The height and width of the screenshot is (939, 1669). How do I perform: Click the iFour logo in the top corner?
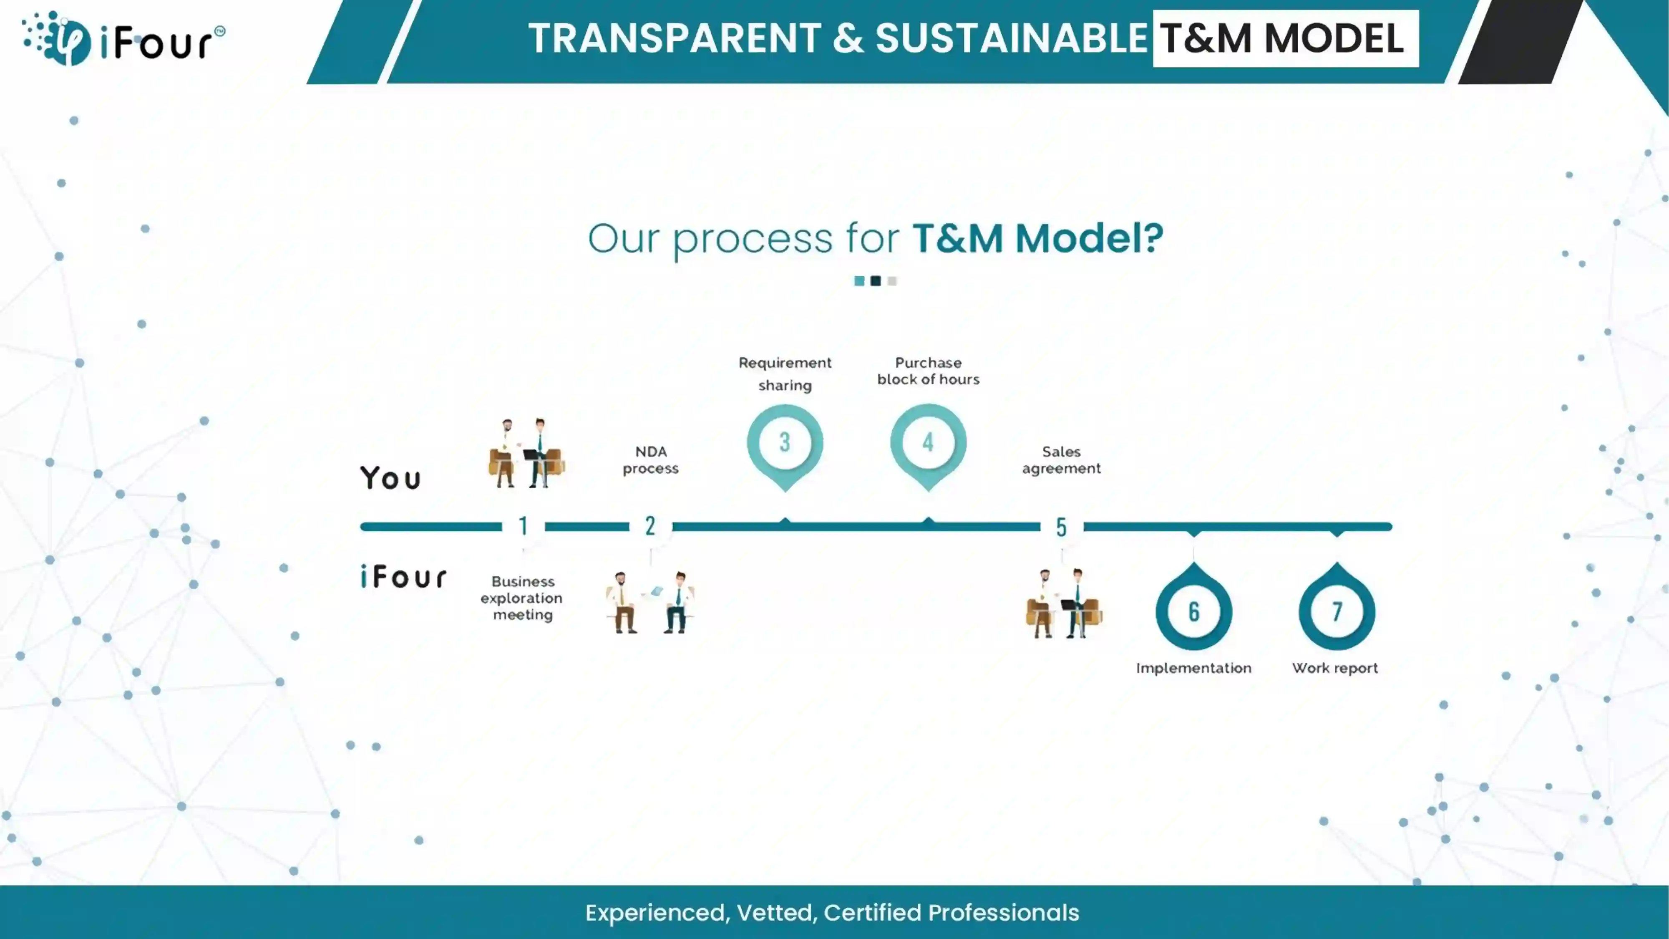pyautogui.click(x=123, y=39)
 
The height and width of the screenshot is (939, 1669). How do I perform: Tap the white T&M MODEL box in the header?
pyautogui.click(x=1286, y=38)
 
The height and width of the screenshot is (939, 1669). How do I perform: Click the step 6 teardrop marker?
pyautogui.click(x=1193, y=606)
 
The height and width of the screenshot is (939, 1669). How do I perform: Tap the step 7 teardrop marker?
pyautogui.click(x=1337, y=606)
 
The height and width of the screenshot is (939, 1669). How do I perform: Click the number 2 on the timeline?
pyautogui.click(x=650, y=526)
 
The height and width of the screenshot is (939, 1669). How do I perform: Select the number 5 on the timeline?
pyautogui.click(x=1061, y=527)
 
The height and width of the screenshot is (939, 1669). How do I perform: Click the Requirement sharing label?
pyautogui.click(x=785, y=374)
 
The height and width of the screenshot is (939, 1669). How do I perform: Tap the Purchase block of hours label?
pyautogui.click(x=928, y=371)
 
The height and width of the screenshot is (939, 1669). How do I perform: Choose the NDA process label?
pyautogui.click(x=650, y=460)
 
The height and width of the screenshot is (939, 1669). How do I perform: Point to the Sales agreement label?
pyautogui.click(x=1061, y=460)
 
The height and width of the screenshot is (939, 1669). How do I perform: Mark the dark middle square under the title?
pyautogui.click(x=875, y=280)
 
